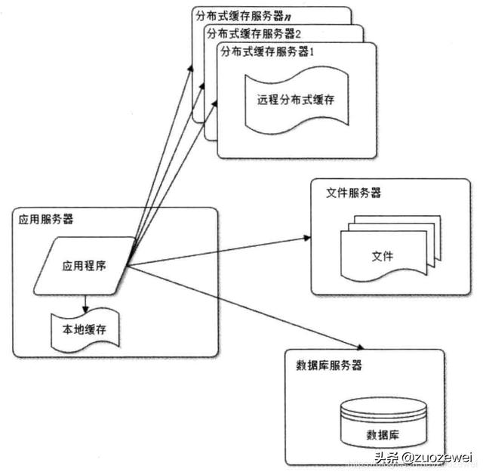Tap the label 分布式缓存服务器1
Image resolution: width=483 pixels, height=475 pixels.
[x=257, y=51]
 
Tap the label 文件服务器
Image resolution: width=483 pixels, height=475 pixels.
[x=353, y=193]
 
